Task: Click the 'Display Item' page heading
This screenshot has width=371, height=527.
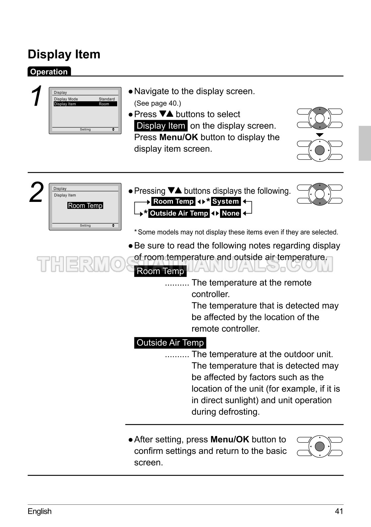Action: tap(64, 54)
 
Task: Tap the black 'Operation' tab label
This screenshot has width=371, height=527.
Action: tap(49, 72)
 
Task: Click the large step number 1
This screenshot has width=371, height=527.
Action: tap(37, 96)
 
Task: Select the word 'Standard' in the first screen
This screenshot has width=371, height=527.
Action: tap(107, 99)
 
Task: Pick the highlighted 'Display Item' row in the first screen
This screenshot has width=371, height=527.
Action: tap(85, 104)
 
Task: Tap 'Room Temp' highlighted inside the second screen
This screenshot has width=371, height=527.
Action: tap(85, 206)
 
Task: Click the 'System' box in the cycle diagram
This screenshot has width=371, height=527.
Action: tap(226, 201)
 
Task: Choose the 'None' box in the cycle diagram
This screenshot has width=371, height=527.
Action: tap(231, 213)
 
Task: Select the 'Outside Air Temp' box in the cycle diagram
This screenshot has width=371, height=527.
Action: tap(179, 213)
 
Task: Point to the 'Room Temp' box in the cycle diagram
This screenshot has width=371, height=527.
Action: tap(173, 201)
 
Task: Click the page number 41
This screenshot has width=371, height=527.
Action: tap(339, 511)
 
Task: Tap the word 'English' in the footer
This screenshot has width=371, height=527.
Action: tap(39, 511)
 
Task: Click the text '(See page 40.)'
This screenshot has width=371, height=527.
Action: tap(158, 103)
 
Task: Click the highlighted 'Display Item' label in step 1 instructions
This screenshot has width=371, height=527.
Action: tap(161, 126)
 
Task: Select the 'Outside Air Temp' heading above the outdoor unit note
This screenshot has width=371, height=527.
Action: tap(170, 343)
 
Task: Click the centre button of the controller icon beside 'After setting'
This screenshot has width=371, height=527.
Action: tap(320, 446)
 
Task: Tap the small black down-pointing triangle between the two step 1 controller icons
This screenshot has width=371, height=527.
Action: tap(320, 135)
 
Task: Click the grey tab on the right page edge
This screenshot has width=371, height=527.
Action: tap(364, 143)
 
